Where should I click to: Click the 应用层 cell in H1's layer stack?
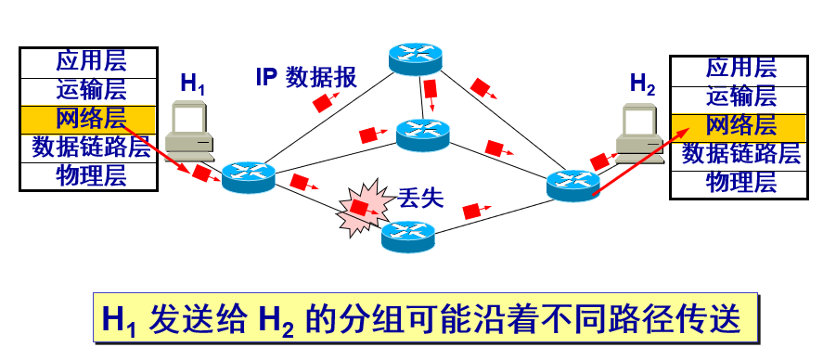[x=91, y=62]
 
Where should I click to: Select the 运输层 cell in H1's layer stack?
[x=91, y=90]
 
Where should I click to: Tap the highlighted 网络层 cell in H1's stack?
[x=91, y=118]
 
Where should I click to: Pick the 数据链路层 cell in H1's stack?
[x=91, y=146]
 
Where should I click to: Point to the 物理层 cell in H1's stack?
[x=91, y=174]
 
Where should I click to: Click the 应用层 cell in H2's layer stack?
[x=740, y=68]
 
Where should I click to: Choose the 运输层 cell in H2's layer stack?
[x=740, y=96]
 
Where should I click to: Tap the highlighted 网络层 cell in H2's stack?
[x=740, y=125]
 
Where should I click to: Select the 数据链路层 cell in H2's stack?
[x=740, y=153]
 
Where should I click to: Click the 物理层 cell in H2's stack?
[x=740, y=181]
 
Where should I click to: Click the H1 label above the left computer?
[x=193, y=84]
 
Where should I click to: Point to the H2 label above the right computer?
[x=642, y=83]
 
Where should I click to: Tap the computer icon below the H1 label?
[x=191, y=131]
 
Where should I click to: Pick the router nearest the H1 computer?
[x=250, y=174]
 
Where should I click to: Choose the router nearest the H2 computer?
[x=574, y=183]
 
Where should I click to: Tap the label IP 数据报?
[x=306, y=78]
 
